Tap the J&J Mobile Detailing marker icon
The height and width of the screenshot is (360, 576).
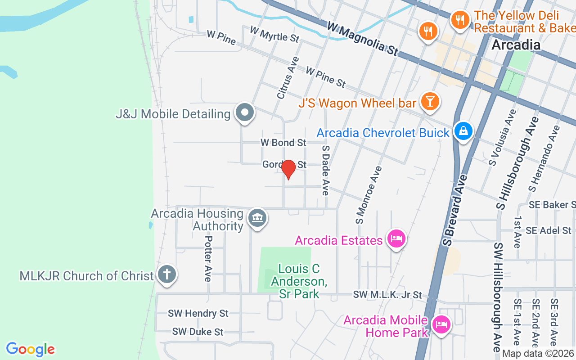tap(245, 113)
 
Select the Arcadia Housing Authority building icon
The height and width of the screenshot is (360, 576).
tap(257, 219)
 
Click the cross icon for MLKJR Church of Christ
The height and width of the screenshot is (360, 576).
tap(166, 275)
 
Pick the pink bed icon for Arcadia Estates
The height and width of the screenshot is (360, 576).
tap(396, 238)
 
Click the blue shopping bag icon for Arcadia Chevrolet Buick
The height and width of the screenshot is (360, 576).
tap(463, 131)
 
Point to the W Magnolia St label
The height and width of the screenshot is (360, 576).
tap(363, 39)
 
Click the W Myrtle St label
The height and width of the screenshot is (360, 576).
tap(274, 34)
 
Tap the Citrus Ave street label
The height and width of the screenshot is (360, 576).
tap(288, 77)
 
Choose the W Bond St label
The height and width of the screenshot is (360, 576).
tap(283, 143)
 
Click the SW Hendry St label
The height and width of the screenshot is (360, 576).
tap(198, 313)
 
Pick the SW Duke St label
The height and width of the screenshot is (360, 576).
tap(198, 332)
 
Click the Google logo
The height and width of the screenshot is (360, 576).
tap(30, 349)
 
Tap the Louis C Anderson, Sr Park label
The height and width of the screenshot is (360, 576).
tap(299, 281)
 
